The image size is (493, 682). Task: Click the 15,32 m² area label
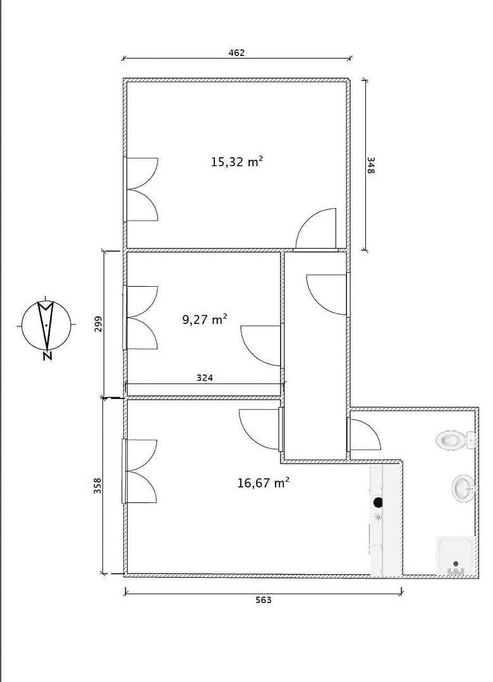236,162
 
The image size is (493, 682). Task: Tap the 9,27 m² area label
205,320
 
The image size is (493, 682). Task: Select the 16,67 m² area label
263,483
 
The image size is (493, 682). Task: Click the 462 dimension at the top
236,53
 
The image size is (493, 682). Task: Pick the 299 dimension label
97,324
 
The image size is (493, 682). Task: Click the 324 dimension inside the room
204,378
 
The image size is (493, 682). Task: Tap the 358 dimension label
97,486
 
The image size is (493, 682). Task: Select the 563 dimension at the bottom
263,600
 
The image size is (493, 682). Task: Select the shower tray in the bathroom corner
456,556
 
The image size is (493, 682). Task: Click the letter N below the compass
47,356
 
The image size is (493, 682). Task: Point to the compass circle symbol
46,325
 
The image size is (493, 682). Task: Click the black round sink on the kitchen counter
379,502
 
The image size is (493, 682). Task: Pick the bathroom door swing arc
365,435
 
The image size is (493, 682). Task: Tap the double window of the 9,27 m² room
142,318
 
